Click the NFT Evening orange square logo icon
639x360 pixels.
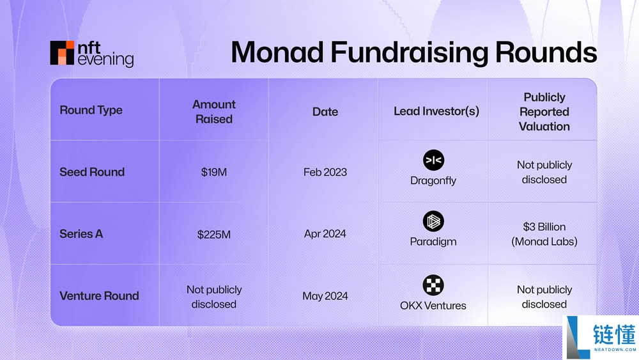pos(62,53)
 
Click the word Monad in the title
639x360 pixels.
pos(276,52)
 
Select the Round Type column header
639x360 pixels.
pos(91,110)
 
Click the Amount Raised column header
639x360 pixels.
pos(214,111)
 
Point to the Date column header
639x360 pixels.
pos(325,111)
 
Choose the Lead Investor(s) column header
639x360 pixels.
pos(436,111)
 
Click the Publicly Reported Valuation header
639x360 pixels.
pos(544,111)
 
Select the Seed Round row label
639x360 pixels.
pos(92,172)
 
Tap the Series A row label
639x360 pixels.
pos(81,234)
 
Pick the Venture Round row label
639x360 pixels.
pos(99,296)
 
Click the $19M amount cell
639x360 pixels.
pos(214,172)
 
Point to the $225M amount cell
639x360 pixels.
pos(214,234)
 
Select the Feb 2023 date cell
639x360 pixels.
pos(325,172)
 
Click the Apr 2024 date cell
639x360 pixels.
pos(325,234)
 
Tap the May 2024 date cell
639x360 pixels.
pos(325,296)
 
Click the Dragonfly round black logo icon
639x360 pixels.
pos(433,160)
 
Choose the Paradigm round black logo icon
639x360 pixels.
pos(433,222)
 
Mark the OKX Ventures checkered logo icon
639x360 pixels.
pos(433,285)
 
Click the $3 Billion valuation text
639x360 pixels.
pos(544,227)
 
